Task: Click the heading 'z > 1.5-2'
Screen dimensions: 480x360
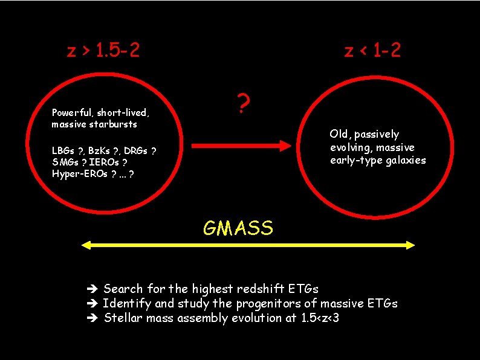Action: click(x=103, y=50)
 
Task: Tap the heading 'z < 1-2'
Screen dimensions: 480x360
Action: click(x=372, y=50)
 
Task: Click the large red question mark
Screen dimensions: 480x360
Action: click(x=243, y=105)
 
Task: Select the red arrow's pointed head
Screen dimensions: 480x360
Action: click(x=287, y=145)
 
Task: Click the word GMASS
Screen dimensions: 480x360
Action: click(x=238, y=228)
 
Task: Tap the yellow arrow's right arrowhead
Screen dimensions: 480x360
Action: click(x=409, y=245)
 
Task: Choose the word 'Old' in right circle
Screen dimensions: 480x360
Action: click(x=339, y=133)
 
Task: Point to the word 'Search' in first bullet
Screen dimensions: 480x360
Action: click(x=123, y=289)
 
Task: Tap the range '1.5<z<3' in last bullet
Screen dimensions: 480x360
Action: click(x=320, y=318)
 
